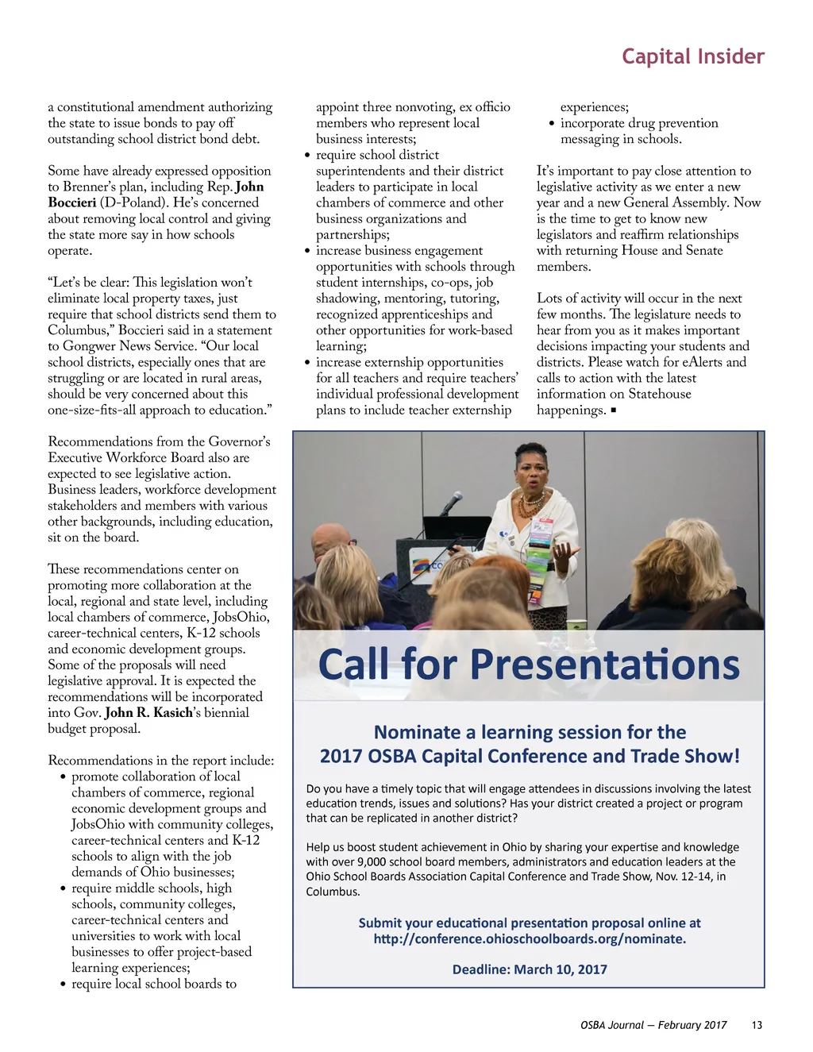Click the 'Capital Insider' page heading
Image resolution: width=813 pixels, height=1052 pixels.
[692, 56]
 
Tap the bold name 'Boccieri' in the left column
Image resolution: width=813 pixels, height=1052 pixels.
[72, 202]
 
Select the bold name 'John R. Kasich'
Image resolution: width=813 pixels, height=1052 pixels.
[149, 712]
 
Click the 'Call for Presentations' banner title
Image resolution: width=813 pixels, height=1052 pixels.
[529, 665]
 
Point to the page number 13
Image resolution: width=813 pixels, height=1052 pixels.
[757, 1025]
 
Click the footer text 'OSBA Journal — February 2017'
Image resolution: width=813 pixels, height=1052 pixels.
[653, 1025]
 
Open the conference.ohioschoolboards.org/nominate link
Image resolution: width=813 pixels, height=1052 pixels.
[530, 938]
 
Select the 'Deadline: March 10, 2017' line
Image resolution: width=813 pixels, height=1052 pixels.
[530, 969]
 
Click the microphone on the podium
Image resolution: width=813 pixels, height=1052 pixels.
[452, 502]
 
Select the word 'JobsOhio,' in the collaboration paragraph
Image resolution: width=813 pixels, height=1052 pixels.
[241, 617]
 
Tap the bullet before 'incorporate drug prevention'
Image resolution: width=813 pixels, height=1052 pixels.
[551, 124]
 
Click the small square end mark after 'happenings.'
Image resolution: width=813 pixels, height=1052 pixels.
[614, 410]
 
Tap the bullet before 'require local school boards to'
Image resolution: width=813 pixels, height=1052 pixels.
[63, 985]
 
